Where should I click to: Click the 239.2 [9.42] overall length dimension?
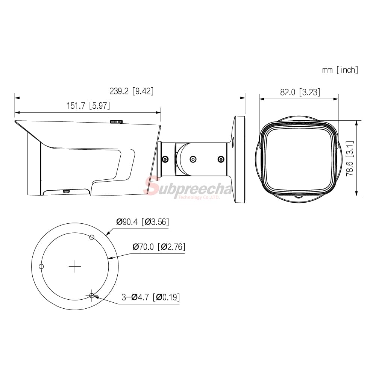click(x=131, y=91)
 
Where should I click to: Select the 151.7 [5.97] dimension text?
click(x=88, y=106)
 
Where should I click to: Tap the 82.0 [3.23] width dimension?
click(x=300, y=92)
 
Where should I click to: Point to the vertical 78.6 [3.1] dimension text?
click(x=350, y=159)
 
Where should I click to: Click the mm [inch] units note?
click(x=340, y=70)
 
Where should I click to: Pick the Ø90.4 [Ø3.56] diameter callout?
click(x=143, y=222)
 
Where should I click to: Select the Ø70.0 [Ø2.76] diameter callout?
click(x=159, y=247)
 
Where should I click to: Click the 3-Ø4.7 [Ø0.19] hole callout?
click(x=151, y=297)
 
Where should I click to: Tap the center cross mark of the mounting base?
click(x=75, y=266)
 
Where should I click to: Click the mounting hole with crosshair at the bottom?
click(x=92, y=296)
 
